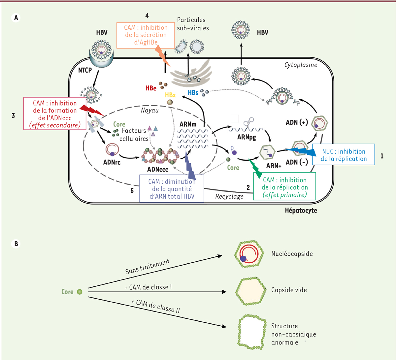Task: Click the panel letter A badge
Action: tap(16, 18)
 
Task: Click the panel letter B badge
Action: tap(16, 244)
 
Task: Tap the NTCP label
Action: tap(85, 70)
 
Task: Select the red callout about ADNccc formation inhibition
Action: tap(55, 114)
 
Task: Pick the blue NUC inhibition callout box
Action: tap(344, 155)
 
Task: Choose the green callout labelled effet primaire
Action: tap(284, 187)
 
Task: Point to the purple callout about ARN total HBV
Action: tap(172, 189)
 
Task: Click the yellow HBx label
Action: tap(170, 95)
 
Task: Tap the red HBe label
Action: tap(151, 88)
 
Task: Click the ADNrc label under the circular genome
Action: tap(112, 162)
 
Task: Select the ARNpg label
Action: tap(247, 137)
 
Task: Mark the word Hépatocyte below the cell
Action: tap(301, 210)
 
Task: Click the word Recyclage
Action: tap(229, 196)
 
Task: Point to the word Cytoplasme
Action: tap(301, 65)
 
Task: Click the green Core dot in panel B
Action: tap(80, 292)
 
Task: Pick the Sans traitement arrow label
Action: tap(148, 267)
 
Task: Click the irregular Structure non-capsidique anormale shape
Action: tap(251, 333)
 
